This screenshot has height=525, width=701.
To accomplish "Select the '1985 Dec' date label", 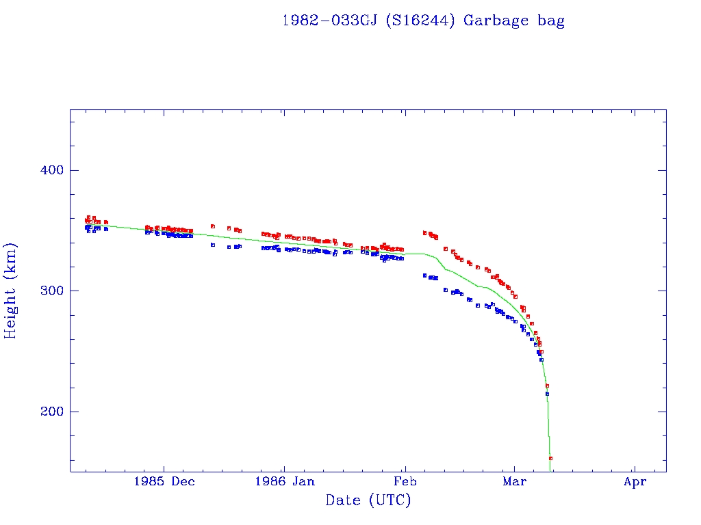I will [164, 481].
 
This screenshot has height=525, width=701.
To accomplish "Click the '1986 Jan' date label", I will [284, 481].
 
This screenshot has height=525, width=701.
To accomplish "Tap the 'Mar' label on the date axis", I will [514, 481].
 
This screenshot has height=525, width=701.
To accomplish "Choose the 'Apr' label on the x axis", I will [635, 481].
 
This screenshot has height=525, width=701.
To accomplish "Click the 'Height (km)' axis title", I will [11, 291].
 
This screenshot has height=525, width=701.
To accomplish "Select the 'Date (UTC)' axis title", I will [368, 500].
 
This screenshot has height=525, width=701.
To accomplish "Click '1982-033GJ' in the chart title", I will [329, 21].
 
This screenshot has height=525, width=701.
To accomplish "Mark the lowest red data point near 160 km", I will [550, 458].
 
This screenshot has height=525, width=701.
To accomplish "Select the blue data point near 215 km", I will [547, 394].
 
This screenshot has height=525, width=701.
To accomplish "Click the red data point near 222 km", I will [547, 386].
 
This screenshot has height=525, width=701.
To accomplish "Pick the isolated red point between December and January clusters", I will [213, 226].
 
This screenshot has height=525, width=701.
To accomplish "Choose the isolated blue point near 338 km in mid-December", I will [213, 245].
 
